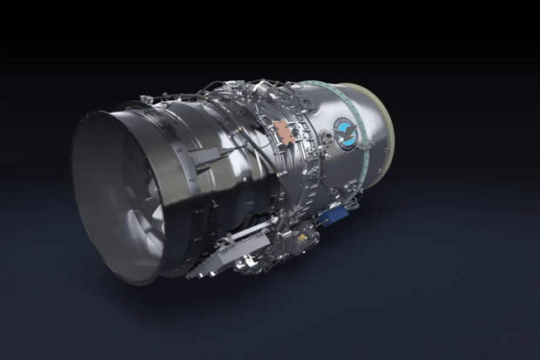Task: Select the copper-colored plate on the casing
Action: [x=282, y=132]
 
